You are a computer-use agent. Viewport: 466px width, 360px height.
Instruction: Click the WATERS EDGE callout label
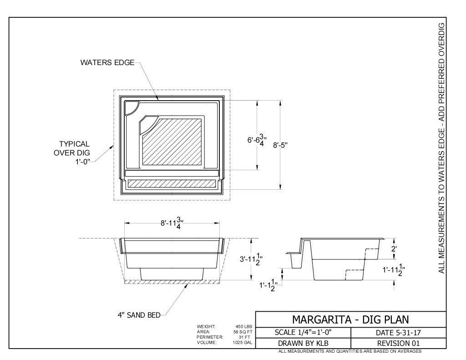click(107, 62)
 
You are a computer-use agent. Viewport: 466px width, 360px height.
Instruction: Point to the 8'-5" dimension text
click(280, 145)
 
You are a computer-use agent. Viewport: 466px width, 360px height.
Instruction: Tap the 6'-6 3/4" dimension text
click(257, 140)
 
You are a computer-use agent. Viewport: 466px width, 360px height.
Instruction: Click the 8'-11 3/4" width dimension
click(172, 223)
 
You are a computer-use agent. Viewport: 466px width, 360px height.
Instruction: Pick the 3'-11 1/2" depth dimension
click(251, 259)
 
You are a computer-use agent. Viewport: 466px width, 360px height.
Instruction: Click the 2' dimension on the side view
click(394, 248)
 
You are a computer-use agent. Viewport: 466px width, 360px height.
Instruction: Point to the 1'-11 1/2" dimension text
click(394, 269)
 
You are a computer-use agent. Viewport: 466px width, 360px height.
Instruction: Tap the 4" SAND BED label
click(139, 315)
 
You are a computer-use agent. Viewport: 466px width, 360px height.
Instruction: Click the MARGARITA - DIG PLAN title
click(351, 319)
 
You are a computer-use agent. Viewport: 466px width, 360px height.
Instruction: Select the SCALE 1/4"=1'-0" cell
click(303, 332)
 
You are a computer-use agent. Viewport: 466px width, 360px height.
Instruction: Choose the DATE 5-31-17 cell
click(399, 332)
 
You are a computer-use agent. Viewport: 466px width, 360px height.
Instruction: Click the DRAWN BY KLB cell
click(303, 343)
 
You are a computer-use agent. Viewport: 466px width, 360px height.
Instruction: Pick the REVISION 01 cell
click(399, 343)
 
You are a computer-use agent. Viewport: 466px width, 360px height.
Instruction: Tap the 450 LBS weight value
click(244, 326)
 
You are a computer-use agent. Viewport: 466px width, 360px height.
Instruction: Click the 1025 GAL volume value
click(243, 342)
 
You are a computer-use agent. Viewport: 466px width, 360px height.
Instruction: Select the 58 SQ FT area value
click(243, 332)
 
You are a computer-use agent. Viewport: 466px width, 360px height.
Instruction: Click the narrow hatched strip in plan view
click(172, 184)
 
